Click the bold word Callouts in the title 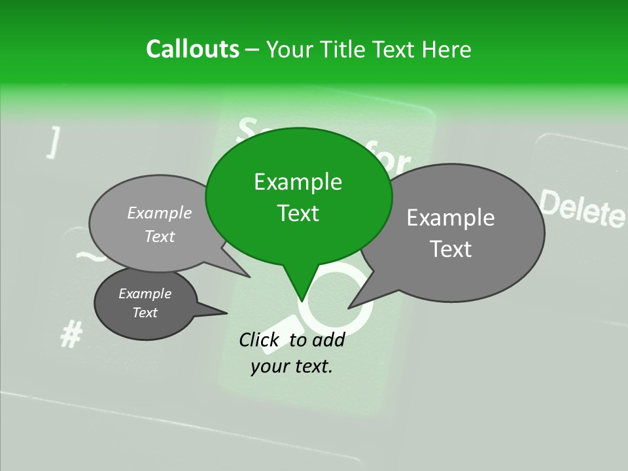click(192, 50)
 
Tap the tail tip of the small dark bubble click(227, 313)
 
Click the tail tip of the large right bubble click(349, 307)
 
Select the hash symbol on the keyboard click(71, 336)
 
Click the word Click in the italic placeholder click(259, 340)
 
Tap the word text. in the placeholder click(310, 366)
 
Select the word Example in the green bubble click(298, 182)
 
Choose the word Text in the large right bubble click(451, 249)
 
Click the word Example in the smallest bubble click(145, 294)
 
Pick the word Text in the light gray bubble click(160, 236)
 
